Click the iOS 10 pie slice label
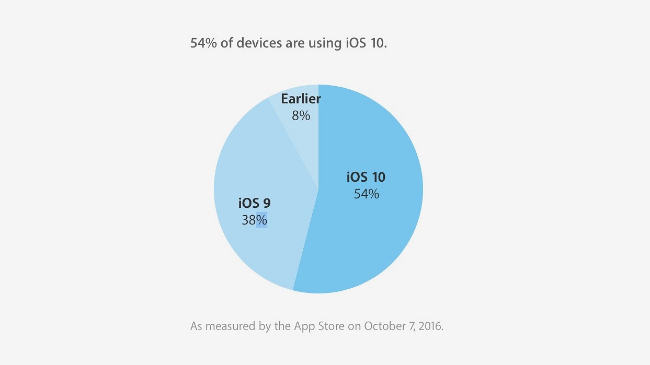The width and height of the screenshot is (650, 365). coord(366,177)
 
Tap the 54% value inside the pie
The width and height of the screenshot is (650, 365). coord(366,194)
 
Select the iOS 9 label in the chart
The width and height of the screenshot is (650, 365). coord(254,203)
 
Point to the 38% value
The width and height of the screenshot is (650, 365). coord(254,220)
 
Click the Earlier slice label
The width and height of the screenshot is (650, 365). coord(301,99)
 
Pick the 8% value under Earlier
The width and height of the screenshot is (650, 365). coord(301,115)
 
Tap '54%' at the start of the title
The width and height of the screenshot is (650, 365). coord(203,43)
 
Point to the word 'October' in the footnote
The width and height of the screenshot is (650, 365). coord(385,327)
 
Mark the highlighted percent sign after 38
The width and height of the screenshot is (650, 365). coord(261,220)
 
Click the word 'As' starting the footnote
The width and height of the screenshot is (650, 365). coord(196,327)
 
